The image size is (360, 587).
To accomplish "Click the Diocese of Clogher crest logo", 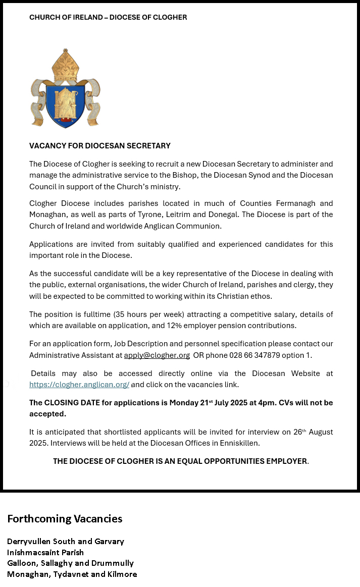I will [65, 89].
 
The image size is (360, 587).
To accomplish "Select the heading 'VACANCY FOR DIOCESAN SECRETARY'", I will [99, 146].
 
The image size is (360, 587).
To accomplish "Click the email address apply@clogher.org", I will [157, 355].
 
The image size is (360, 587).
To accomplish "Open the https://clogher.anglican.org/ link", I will [79, 385].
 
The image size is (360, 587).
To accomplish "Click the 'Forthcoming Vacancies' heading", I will [65, 519].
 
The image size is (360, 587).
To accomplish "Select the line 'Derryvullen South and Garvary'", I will [66, 542].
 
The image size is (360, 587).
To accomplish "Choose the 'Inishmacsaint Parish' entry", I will [45, 553].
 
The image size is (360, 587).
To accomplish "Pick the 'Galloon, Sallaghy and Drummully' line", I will [70, 563].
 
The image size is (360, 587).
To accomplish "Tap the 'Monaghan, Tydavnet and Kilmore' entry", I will [72, 574].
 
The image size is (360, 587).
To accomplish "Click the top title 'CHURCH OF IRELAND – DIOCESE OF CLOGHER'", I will [108, 17].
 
